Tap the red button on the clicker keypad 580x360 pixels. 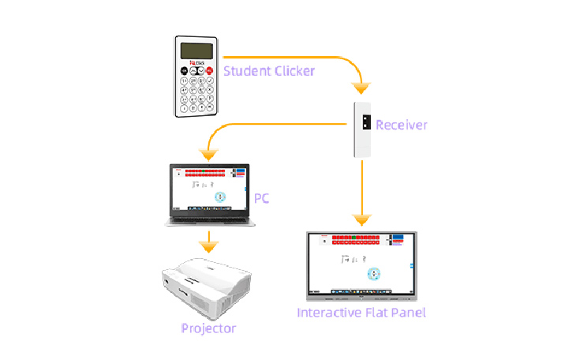point(210,71)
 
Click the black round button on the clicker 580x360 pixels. point(185,71)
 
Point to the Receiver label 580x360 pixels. point(402,125)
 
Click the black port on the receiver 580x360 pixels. point(366,122)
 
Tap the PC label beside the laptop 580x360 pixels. point(262,198)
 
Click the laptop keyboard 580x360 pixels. point(209,219)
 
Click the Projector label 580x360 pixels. point(208,328)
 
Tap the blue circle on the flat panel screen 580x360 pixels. point(375,273)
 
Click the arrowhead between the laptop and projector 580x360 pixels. point(208,246)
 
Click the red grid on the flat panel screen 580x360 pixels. point(359,239)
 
